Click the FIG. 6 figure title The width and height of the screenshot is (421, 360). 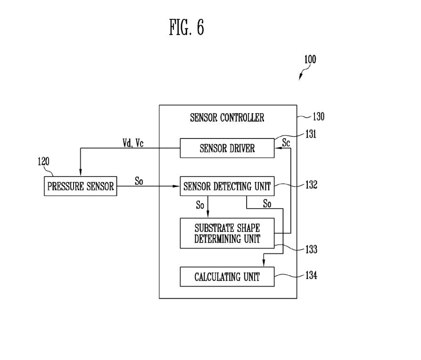tap(186, 28)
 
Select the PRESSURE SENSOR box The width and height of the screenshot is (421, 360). tap(80, 187)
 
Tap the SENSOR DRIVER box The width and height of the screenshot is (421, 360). tap(227, 148)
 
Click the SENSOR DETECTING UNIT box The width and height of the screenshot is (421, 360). tap(227, 187)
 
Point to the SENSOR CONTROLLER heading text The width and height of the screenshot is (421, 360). tap(227, 118)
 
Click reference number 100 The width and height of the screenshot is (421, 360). tap(310, 60)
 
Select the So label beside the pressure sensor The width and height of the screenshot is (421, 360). tap(139, 181)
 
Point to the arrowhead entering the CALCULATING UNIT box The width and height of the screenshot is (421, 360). tap(263, 264)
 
